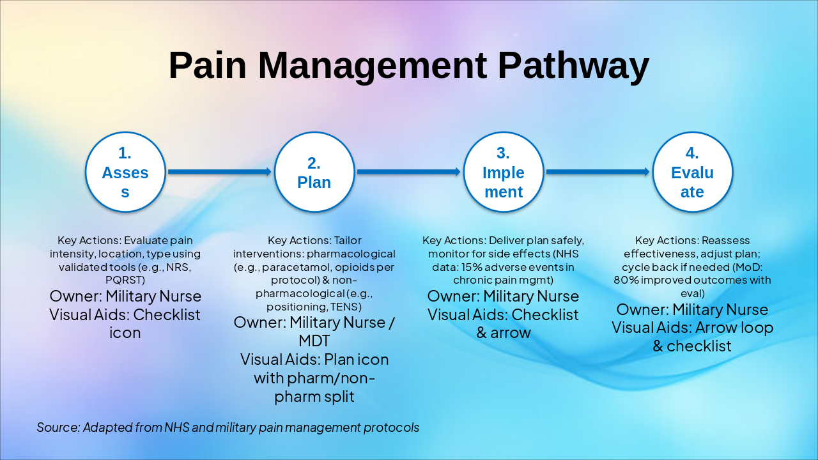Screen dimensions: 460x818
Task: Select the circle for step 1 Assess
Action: coord(125,172)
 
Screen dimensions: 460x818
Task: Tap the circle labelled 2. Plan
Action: coord(314,172)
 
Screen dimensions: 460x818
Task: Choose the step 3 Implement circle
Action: coord(504,172)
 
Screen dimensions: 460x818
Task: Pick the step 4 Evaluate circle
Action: coord(692,172)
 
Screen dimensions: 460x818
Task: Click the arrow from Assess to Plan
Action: coord(220,172)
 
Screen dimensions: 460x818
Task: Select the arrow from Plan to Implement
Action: coord(408,172)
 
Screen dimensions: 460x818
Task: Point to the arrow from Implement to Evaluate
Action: coord(598,172)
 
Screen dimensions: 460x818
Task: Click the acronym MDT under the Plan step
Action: coord(314,341)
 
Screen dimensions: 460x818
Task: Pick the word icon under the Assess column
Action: coord(125,333)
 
